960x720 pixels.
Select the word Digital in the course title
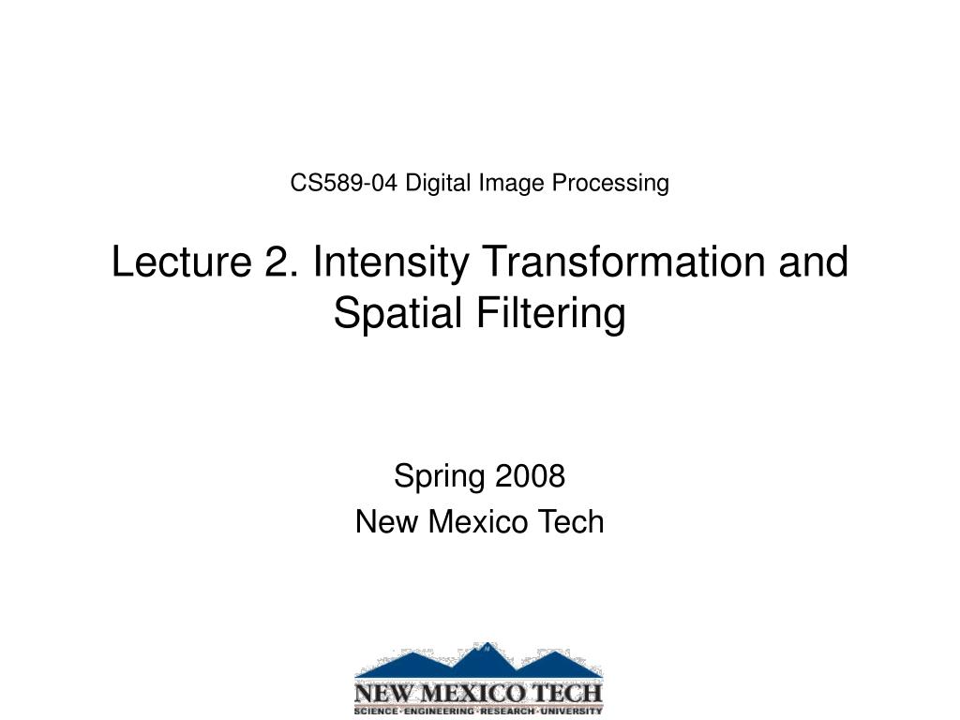439,183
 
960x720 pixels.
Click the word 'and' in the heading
815,262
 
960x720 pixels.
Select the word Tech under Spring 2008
569,522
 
